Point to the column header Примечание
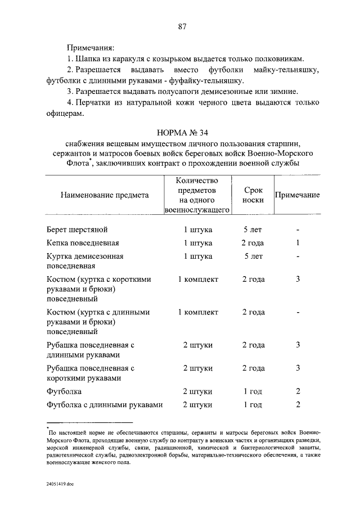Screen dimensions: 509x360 click(297, 195)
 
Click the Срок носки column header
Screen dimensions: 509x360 click(254, 195)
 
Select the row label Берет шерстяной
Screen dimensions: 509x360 click(77, 230)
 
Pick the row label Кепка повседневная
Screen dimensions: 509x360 click(82, 243)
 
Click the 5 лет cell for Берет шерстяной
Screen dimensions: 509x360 click(253, 230)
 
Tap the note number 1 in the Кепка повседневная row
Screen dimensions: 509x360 click(298, 243)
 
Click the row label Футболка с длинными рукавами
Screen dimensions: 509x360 click(105, 405)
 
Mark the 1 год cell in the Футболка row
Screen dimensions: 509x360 click(253, 391)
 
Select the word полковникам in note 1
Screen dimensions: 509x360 click(280, 58)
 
